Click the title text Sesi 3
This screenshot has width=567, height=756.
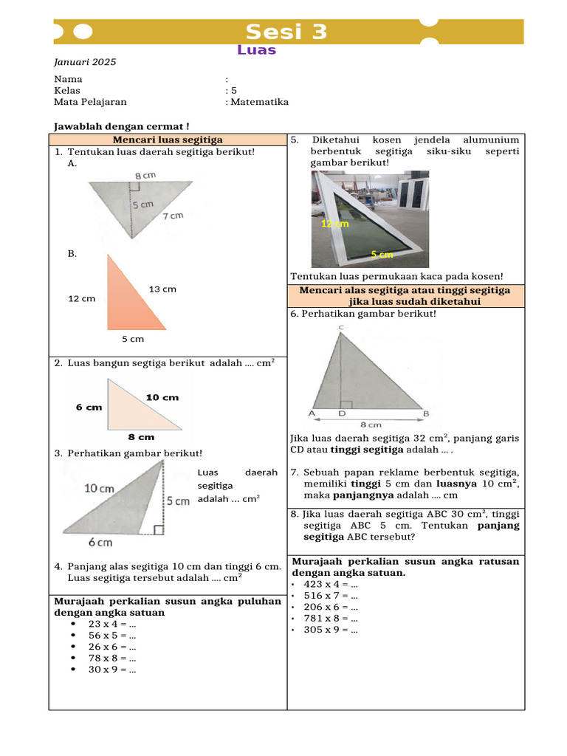[286, 32]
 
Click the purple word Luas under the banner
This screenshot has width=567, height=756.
[256, 50]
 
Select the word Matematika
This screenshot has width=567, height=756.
[259, 102]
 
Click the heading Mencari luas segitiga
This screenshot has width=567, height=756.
[168, 140]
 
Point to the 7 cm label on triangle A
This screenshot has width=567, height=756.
[172, 216]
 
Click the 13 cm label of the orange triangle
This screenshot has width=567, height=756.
[162, 289]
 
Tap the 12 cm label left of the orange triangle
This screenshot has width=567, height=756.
[81, 298]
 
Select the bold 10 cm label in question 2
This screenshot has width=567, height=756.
[162, 397]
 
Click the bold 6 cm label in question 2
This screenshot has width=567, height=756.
[89, 407]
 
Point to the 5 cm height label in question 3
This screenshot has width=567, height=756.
[179, 501]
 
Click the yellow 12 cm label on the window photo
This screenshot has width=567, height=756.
[334, 223]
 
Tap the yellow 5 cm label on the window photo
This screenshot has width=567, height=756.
[382, 254]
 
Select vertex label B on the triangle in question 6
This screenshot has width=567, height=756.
[426, 413]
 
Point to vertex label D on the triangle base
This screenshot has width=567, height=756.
[341, 413]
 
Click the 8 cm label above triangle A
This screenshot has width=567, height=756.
[145, 176]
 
